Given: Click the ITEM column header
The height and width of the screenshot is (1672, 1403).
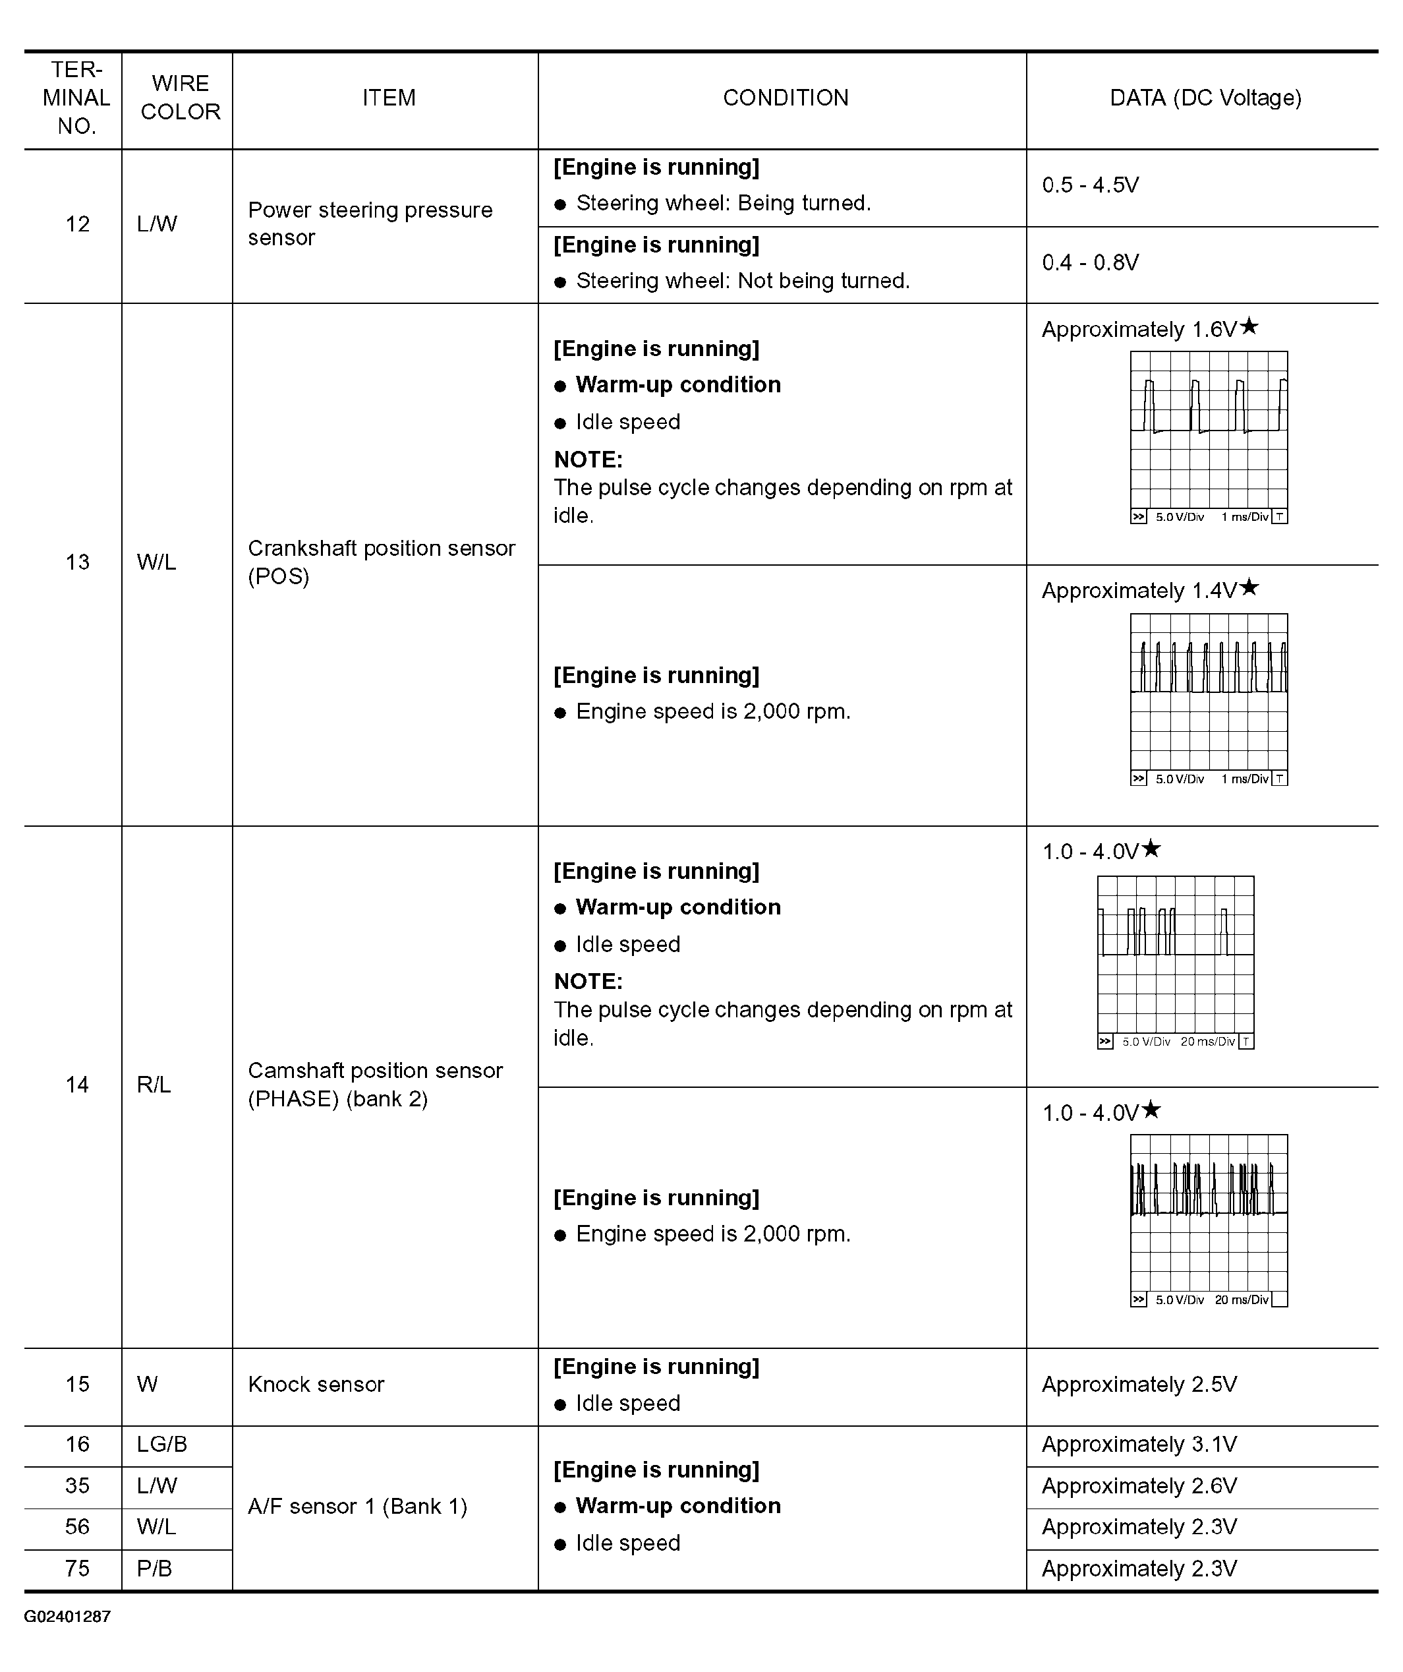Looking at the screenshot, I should coord(388,98).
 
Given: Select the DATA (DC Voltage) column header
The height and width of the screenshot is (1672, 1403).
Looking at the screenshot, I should coord(1205,98).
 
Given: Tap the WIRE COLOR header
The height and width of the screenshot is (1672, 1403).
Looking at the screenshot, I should coord(180,98).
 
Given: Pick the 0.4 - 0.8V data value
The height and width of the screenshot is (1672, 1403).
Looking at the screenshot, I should coord(1090,263).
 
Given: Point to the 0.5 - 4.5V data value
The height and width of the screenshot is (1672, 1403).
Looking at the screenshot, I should coord(1090,185).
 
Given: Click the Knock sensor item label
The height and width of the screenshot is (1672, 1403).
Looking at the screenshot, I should coord(316,1385).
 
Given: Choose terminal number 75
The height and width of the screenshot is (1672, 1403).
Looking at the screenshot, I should coord(77,1568).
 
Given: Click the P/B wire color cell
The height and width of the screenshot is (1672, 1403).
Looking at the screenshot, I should coord(154,1568).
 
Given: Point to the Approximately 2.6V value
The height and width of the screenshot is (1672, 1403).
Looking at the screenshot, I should coord(1139,1485).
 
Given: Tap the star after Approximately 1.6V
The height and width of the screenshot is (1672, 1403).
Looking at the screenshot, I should coord(1249,326).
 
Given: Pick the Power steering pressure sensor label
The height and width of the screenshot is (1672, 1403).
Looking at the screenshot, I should coord(370,224).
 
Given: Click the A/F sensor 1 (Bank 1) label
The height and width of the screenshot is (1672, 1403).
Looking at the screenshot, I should coord(357,1507).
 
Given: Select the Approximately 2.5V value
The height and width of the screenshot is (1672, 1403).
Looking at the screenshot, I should coord(1139,1385).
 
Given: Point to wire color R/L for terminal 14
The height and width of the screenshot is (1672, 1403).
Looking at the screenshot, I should coord(154,1085).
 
